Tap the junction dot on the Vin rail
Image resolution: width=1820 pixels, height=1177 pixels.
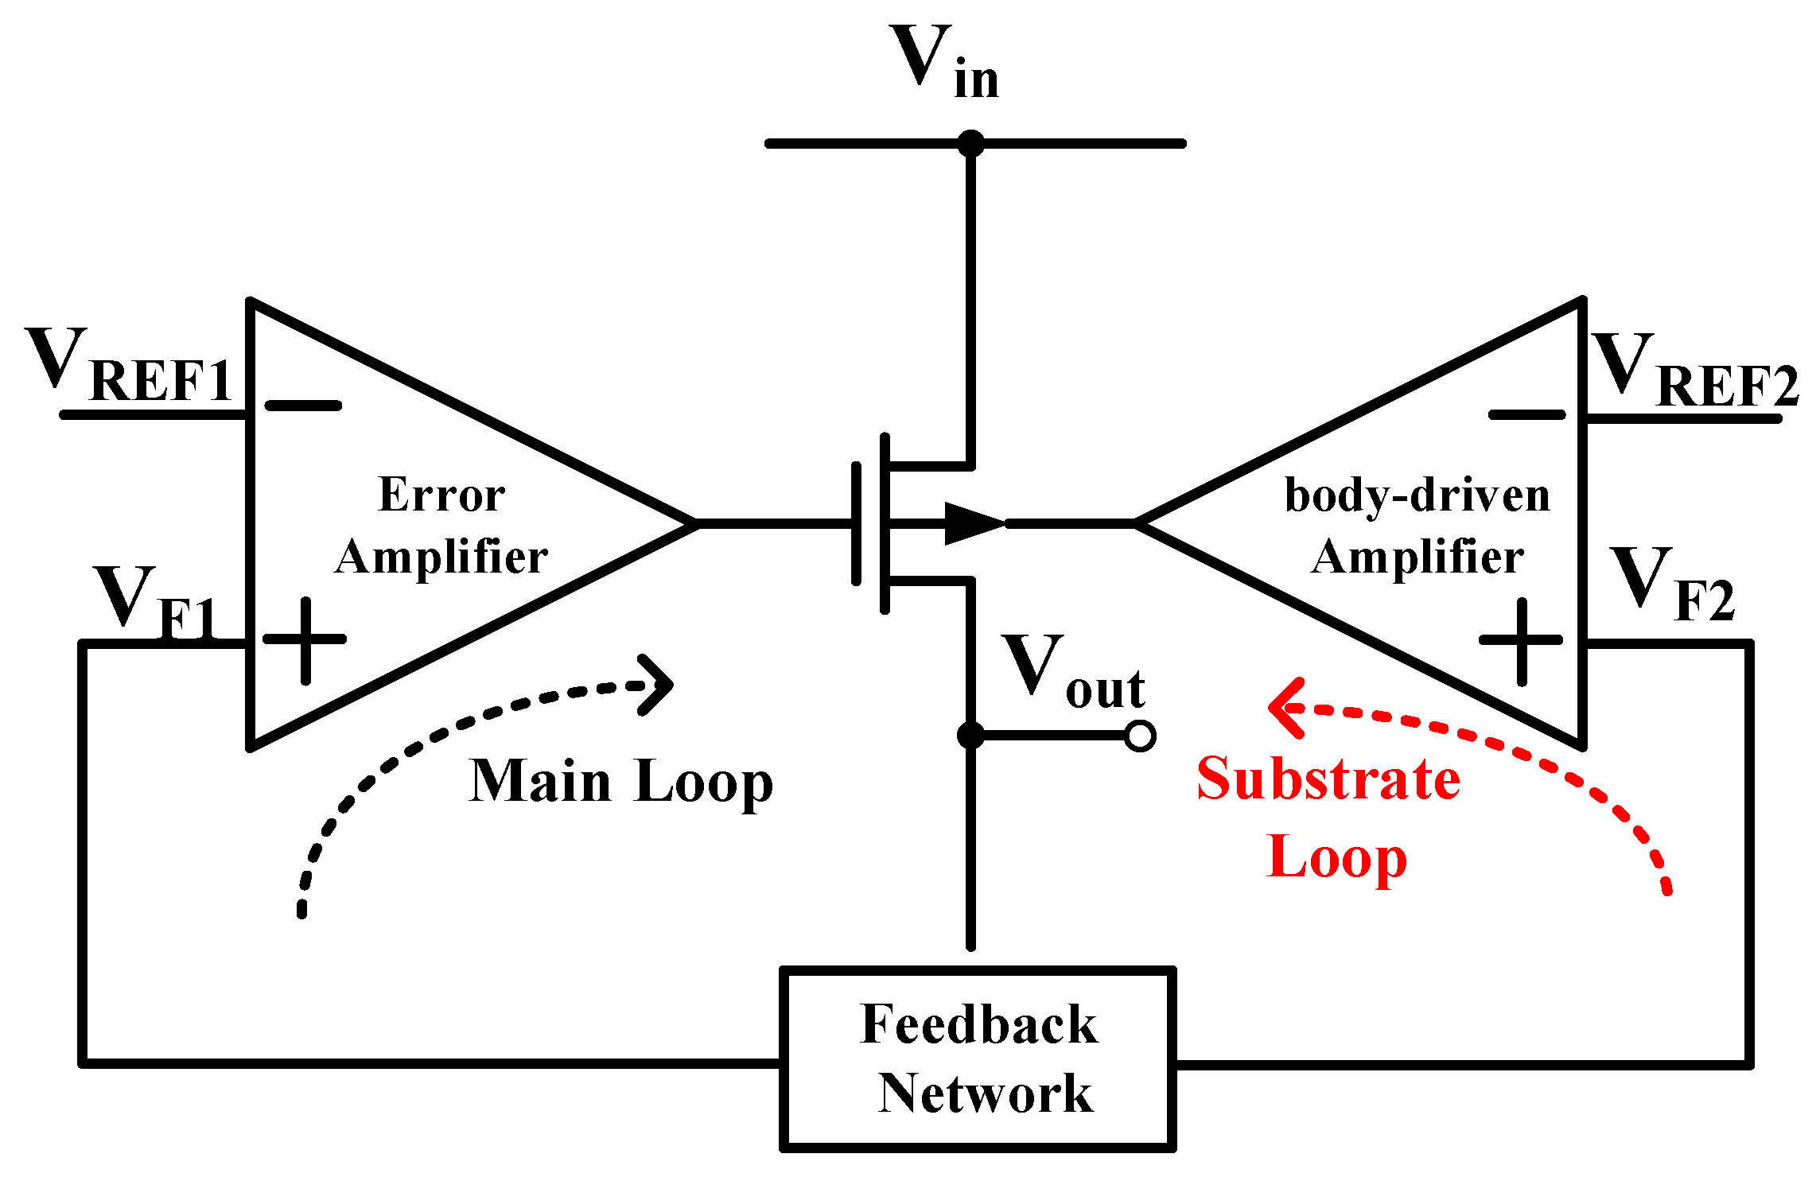[970, 144]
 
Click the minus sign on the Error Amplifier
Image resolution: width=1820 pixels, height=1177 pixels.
[303, 406]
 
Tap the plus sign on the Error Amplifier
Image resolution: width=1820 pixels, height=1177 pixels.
[305, 639]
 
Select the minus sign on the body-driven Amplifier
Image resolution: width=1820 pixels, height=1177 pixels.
[1526, 414]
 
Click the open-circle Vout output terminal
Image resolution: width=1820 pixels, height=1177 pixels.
[1140, 736]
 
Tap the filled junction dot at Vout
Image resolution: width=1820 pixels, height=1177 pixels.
[970, 736]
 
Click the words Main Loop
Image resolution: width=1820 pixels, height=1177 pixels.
[620, 783]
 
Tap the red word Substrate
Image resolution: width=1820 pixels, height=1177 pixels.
[1328, 779]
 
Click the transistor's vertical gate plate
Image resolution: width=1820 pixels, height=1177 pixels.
[857, 523]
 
